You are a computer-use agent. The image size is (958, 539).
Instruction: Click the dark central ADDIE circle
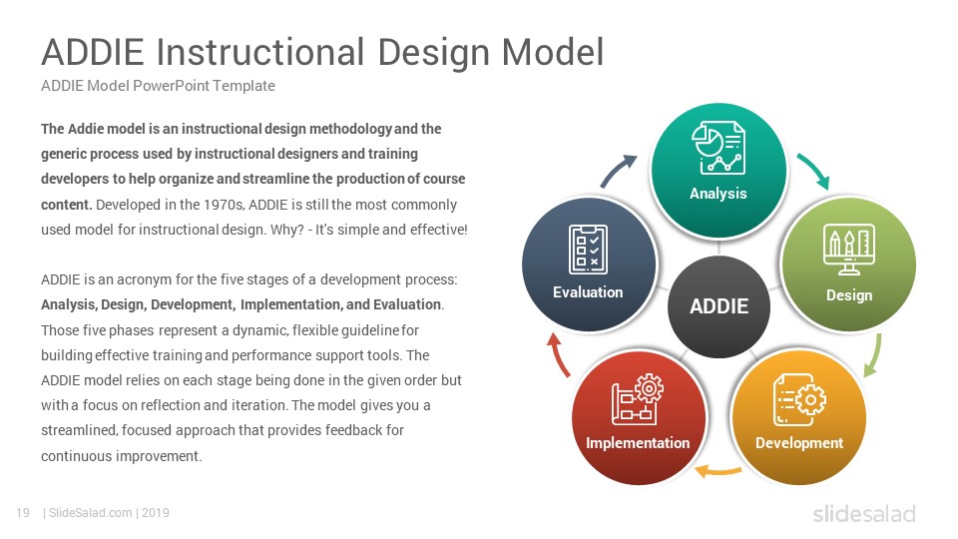pyautogui.click(x=718, y=306)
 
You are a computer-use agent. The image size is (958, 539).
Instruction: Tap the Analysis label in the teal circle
pyautogui.click(x=718, y=194)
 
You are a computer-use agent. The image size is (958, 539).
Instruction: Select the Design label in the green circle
pyautogui.click(x=848, y=295)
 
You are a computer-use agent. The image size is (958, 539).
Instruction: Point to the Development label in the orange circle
pyautogui.click(x=798, y=443)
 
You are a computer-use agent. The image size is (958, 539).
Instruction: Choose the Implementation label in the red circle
pyautogui.click(x=638, y=443)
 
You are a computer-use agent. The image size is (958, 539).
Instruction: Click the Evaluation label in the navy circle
pyautogui.click(x=588, y=292)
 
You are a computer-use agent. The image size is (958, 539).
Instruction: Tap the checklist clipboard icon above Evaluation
pyautogui.click(x=588, y=249)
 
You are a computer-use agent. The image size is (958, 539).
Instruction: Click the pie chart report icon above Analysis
pyautogui.click(x=718, y=148)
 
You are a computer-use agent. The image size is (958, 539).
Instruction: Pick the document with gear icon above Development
pyautogui.click(x=799, y=399)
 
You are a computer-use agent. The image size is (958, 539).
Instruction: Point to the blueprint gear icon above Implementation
pyautogui.click(x=638, y=399)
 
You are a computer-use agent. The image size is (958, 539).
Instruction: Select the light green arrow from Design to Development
pyautogui.click(x=875, y=355)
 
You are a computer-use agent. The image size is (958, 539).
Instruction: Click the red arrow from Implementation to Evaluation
pyautogui.click(x=558, y=355)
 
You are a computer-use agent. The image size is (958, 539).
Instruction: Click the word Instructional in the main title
pyautogui.click(x=260, y=52)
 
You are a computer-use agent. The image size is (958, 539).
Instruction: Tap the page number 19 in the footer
pyautogui.click(x=23, y=513)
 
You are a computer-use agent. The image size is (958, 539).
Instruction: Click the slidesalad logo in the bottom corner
pyautogui.click(x=864, y=514)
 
